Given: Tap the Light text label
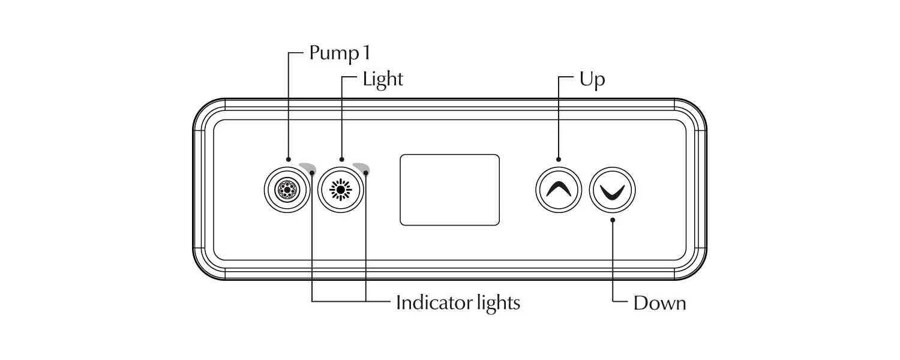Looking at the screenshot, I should [x=383, y=79].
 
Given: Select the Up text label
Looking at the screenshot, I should [x=592, y=79].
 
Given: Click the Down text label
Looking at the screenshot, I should [x=659, y=303].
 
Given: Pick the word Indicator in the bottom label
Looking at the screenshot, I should [x=434, y=302].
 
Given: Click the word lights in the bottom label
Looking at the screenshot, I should [x=495, y=302].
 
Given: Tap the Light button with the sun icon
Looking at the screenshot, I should [x=341, y=190].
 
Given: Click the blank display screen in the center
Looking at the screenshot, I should [x=449, y=190].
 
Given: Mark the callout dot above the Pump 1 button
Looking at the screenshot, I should [x=289, y=160].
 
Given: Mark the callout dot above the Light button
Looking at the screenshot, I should [x=341, y=160].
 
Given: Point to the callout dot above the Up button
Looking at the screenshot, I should [x=559, y=160].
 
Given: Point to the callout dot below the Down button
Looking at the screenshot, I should [x=612, y=220].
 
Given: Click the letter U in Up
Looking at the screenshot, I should [x=586, y=79].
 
